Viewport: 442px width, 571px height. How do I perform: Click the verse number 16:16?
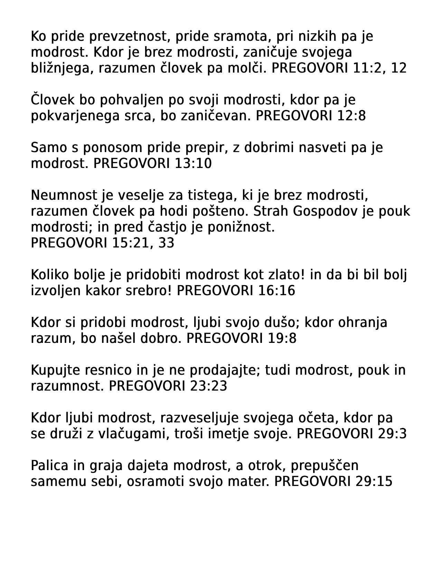(x=276, y=291)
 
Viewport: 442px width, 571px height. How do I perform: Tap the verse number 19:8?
(x=282, y=338)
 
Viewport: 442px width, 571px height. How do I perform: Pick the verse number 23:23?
(x=208, y=386)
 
